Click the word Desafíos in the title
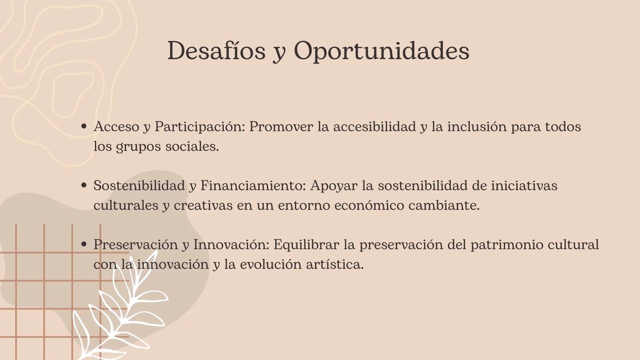pos(216,51)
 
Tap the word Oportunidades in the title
pos(381,51)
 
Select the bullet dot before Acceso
pos(84,126)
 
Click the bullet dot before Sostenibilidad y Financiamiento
pos(84,185)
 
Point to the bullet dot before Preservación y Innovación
pos(84,244)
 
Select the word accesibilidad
pos(375,127)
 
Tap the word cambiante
pos(444,205)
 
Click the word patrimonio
pos(507,245)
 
